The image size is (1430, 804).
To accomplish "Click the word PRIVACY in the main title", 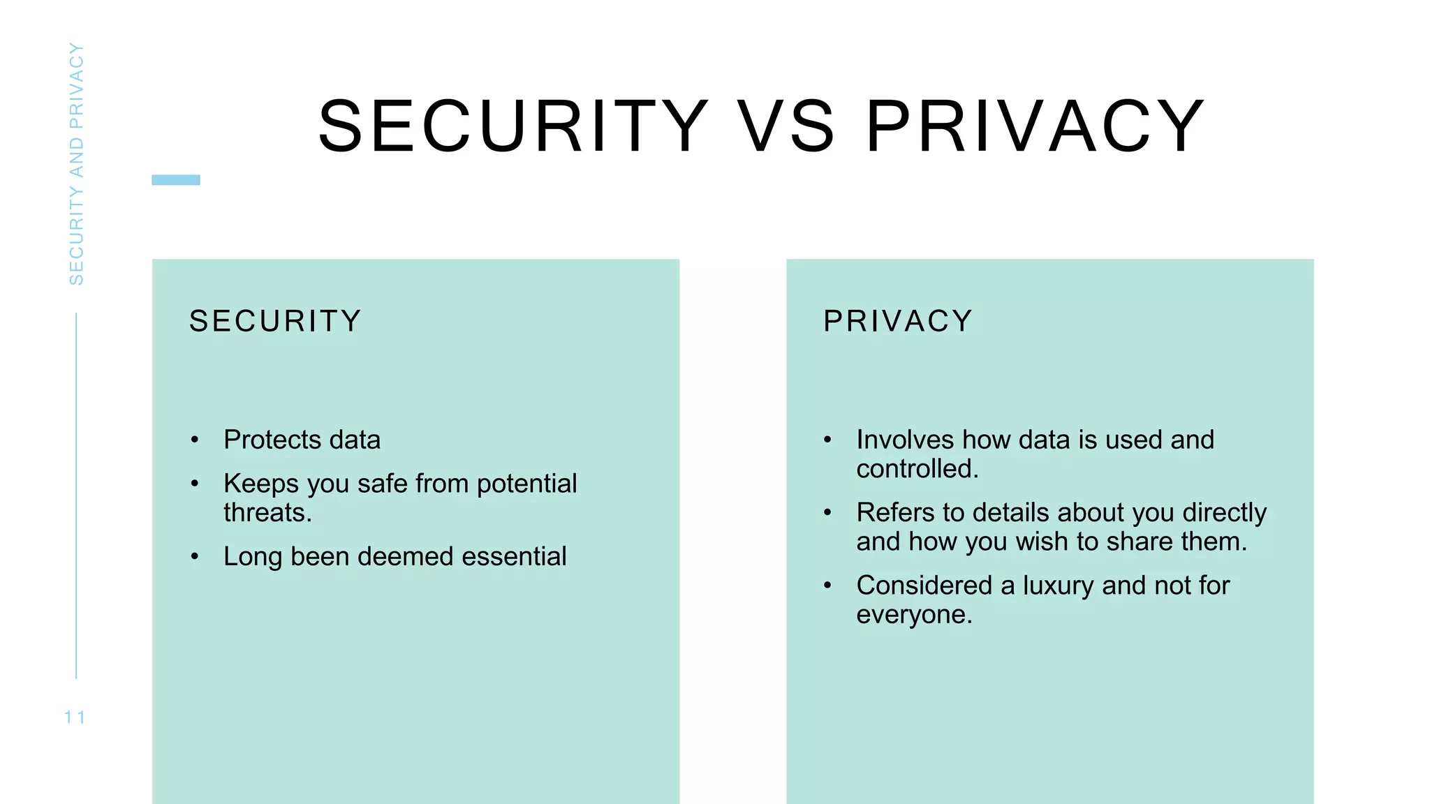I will (x=1035, y=126).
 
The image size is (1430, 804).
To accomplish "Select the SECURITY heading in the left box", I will (x=275, y=321).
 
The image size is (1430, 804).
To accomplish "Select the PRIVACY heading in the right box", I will (x=898, y=321).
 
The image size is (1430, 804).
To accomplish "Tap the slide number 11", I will (x=75, y=717).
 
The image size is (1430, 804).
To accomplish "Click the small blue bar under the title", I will (x=176, y=180).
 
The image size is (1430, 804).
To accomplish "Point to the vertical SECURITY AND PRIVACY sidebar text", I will (x=76, y=164).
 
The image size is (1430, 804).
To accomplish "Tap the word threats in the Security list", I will (x=267, y=513).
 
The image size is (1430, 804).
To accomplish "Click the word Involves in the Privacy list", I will (x=905, y=440).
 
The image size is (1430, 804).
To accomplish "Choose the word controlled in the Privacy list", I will (x=917, y=469).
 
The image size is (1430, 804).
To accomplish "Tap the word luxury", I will (x=1058, y=586).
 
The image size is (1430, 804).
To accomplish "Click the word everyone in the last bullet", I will (x=913, y=615).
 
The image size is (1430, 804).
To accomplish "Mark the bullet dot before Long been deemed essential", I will (x=195, y=557).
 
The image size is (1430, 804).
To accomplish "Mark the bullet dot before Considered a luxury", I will (x=827, y=586).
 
